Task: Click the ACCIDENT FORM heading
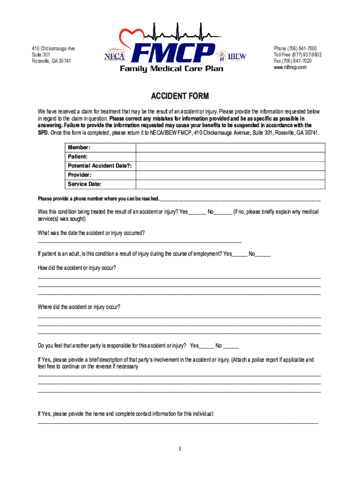coord(180,97)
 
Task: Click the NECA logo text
coord(114,56)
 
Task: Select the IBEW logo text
coord(237,57)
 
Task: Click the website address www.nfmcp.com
coord(290,67)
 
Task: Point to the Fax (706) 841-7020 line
coord(293,61)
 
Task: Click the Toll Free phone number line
coord(297,55)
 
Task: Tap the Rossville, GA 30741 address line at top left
coord(51,61)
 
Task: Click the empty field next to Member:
coord(230,147)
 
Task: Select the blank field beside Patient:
coord(230,157)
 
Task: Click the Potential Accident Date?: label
coord(100,166)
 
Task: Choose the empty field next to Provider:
coord(230,175)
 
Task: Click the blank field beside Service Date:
coord(230,184)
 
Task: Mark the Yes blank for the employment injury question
coord(239,254)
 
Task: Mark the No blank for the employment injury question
coord(263,254)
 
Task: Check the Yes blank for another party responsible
coord(206,347)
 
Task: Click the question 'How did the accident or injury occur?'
coord(77,268)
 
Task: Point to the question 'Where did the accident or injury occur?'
coord(79,307)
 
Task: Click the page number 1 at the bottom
coord(180,450)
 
